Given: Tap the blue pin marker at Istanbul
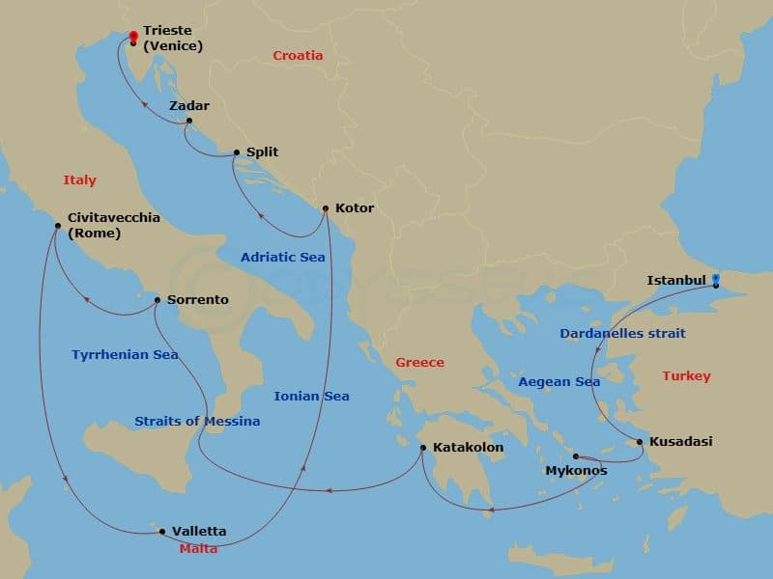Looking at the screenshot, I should click(x=716, y=281).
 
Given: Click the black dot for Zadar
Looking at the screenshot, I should click(x=189, y=121).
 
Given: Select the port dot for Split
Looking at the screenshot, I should click(x=237, y=152).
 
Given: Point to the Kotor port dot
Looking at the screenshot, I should click(x=326, y=208).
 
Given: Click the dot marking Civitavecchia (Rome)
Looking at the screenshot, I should click(x=58, y=226).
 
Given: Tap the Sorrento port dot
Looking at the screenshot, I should click(x=157, y=300).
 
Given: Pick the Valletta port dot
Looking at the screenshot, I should click(x=162, y=531).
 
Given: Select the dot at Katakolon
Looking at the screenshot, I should click(x=423, y=448).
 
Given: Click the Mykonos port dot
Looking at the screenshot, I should click(x=575, y=456).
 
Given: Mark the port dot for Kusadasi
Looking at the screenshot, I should click(x=639, y=442).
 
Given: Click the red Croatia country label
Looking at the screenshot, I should click(x=298, y=56).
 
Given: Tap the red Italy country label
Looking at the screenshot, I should click(x=79, y=180).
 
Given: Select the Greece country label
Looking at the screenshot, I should click(x=419, y=363).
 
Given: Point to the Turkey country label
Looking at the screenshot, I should click(x=686, y=376).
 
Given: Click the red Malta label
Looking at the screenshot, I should click(x=198, y=549).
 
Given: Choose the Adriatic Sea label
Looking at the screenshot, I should click(x=283, y=258).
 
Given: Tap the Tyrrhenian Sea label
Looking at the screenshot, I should click(x=125, y=355).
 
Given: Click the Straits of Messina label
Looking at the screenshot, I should click(x=197, y=422).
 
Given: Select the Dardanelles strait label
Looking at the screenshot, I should click(x=622, y=334).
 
